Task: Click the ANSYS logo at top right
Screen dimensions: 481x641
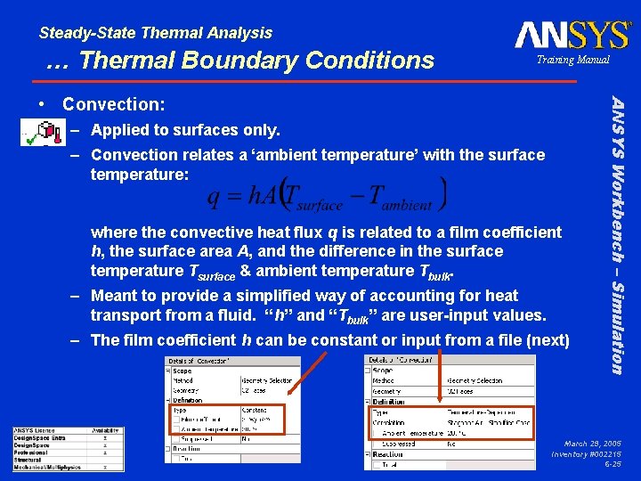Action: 572,35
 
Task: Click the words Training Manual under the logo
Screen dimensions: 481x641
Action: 572,60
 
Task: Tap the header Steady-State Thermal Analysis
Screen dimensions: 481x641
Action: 156,33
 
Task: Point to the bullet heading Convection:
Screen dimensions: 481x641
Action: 113,104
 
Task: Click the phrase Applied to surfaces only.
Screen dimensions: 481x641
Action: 185,131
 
